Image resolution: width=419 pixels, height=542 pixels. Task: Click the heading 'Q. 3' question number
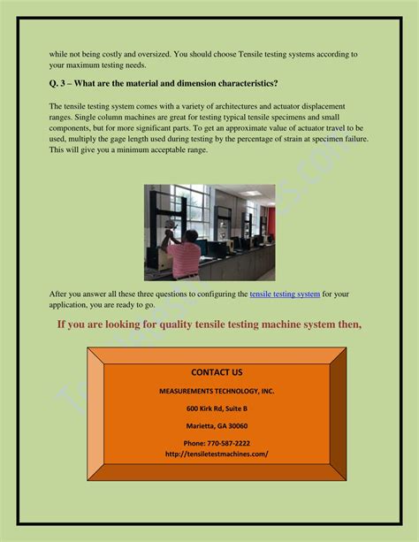click(60, 83)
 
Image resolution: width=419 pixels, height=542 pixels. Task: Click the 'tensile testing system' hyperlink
click(285, 294)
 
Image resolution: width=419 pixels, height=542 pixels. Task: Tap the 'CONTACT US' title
click(217, 373)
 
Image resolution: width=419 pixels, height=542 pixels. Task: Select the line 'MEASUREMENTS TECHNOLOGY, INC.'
click(217, 391)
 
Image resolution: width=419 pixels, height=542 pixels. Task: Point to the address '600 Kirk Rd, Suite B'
click(217, 408)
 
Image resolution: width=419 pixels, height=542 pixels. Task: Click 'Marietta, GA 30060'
click(217, 425)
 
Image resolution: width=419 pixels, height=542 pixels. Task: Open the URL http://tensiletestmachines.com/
click(217, 454)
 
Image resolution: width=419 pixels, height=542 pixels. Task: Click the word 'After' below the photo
click(60, 294)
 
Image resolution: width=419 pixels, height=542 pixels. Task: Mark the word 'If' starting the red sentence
click(63, 324)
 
